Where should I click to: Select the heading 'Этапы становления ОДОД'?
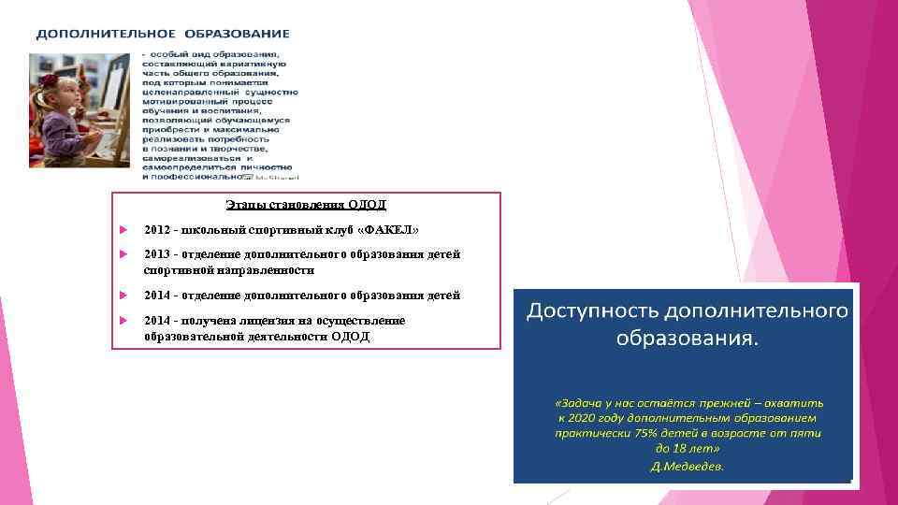click(306, 205)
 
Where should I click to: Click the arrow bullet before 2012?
click(123, 230)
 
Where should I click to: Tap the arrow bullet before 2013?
click(123, 254)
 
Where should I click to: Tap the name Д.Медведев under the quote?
click(688, 466)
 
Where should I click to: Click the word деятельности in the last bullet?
click(277, 336)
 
